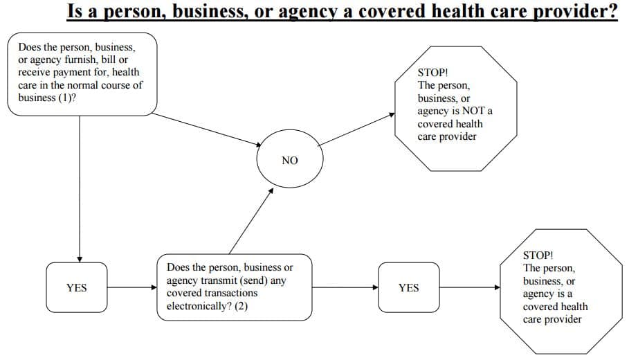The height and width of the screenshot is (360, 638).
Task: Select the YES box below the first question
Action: coord(77,287)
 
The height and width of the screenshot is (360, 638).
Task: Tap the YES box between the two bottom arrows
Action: coord(408,287)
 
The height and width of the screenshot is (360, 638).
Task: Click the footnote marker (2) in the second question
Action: coord(241,306)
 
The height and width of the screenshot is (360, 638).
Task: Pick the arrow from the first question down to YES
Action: coord(80,189)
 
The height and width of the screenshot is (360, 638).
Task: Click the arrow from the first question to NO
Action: coord(207,129)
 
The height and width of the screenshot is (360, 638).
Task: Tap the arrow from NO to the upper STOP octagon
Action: coord(356,129)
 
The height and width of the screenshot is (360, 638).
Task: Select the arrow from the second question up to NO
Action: coord(251,221)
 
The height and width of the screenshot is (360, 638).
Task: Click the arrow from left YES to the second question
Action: coord(132,287)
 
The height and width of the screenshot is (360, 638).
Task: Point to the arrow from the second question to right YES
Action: coord(345,287)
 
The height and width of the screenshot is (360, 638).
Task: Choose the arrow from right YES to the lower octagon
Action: coord(470,287)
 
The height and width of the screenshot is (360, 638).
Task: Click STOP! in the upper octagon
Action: coord(432,73)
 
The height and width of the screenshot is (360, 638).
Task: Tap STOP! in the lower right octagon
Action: coord(538,255)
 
